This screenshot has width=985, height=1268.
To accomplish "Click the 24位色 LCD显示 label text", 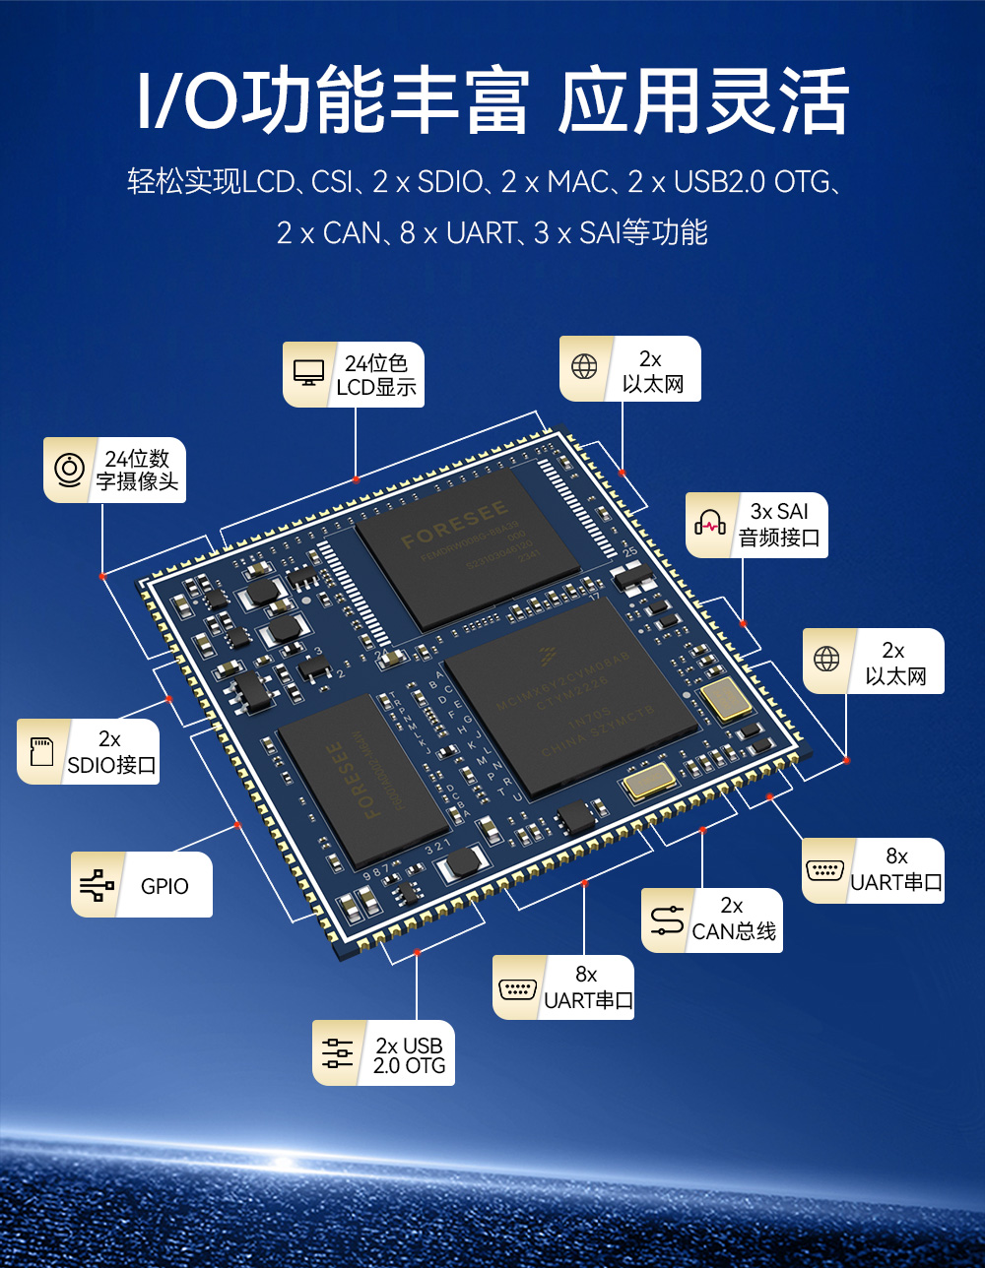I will [x=376, y=375].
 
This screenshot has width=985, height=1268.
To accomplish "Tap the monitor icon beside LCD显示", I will [x=308, y=374].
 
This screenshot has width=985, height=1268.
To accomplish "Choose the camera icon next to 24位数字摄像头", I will [x=69, y=470].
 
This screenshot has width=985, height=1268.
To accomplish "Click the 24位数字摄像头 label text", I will [x=138, y=470].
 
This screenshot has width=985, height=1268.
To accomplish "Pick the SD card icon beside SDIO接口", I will [x=41, y=752].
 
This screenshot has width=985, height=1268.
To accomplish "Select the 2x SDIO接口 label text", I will [x=111, y=752].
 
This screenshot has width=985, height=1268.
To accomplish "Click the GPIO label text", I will [x=164, y=886].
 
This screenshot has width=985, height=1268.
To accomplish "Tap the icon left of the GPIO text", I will [x=95, y=885].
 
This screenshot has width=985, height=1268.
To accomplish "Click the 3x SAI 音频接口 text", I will [x=779, y=525].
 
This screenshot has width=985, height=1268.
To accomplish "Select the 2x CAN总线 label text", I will [x=734, y=919].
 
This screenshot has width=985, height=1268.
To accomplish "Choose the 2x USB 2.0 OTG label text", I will [x=409, y=1054].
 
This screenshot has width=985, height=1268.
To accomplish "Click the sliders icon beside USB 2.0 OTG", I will [x=337, y=1053].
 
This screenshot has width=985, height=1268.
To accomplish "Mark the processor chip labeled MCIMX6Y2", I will [x=572, y=699].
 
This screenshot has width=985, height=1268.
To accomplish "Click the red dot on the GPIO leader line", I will [x=237, y=825].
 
